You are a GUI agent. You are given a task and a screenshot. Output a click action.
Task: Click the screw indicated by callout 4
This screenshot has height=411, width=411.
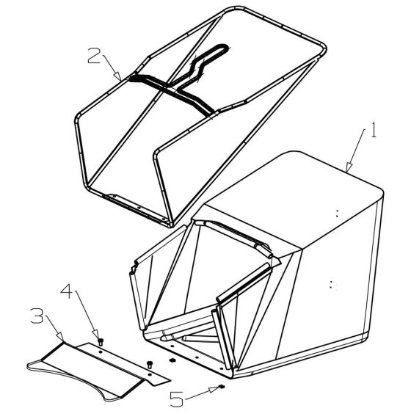[101, 341]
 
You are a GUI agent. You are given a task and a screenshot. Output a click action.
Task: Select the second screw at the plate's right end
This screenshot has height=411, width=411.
[150, 363]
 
